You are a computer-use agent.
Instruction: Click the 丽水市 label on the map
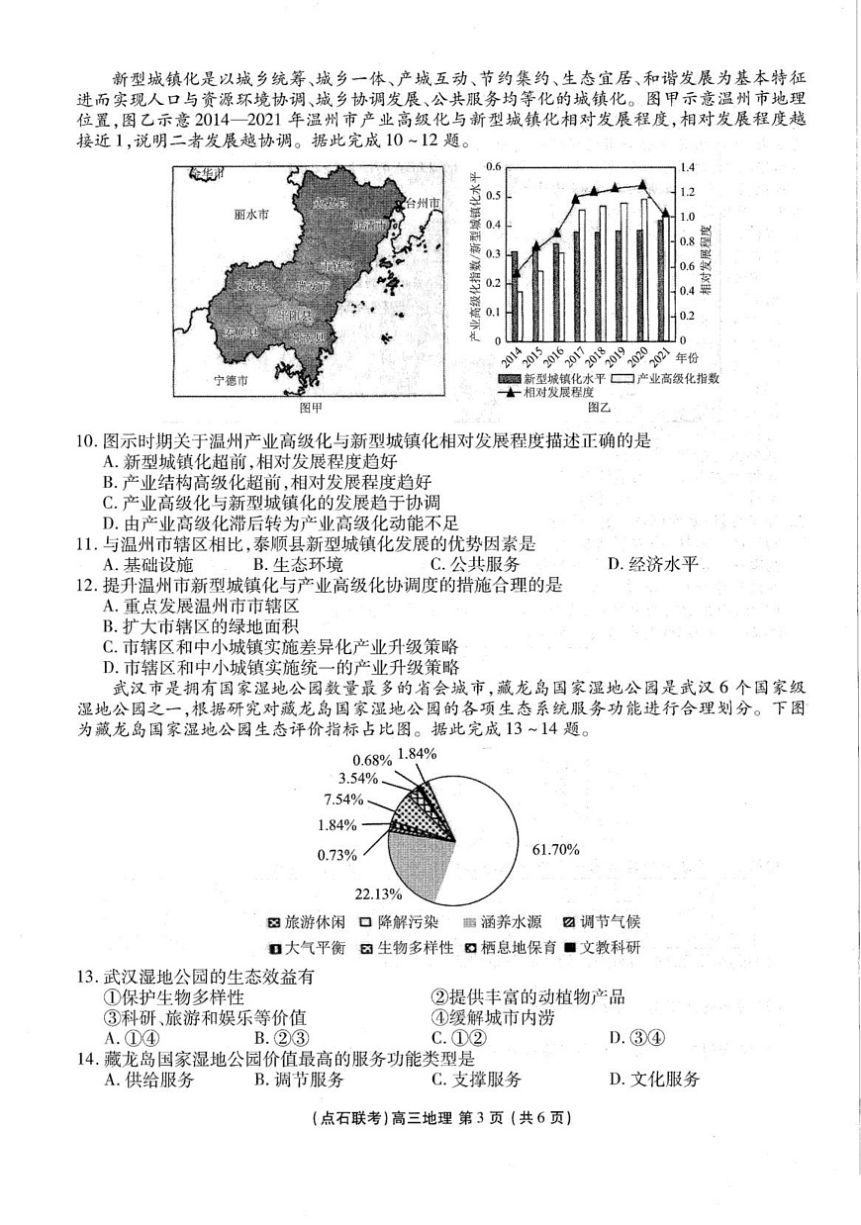(251, 214)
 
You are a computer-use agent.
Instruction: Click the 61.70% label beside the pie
(556, 849)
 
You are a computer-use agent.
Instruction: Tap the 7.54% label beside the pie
(343, 798)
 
